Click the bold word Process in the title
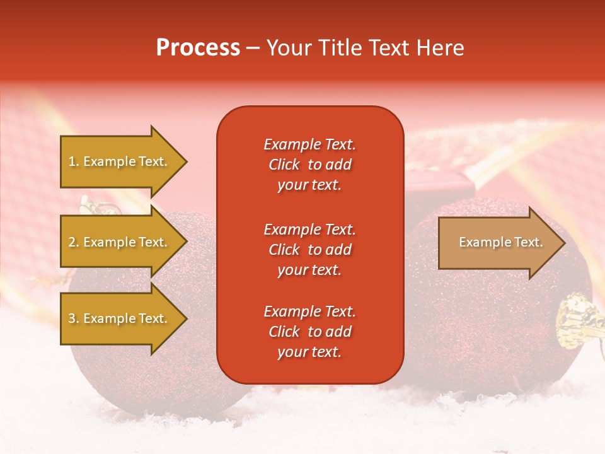pos(198,48)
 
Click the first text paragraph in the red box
pos(309,165)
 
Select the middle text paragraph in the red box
pos(309,250)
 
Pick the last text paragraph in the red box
pos(309,332)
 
